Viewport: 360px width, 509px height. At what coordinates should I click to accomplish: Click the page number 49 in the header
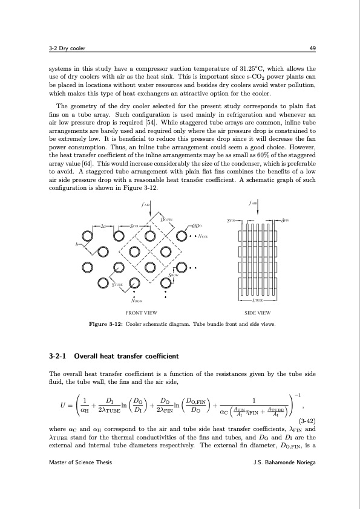(309, 48)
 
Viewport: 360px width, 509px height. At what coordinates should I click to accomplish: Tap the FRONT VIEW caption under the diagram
(142, 313)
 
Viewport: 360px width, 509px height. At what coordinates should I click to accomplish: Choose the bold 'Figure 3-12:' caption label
(106, 325)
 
